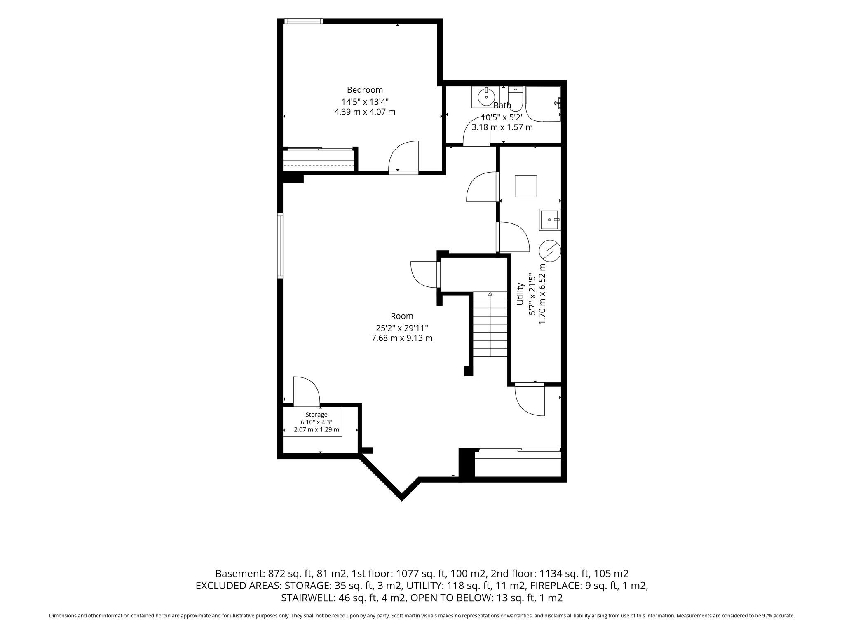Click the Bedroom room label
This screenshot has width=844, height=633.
point(365,90)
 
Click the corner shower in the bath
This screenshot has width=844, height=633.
point(543,104)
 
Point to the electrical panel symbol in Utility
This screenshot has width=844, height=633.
point(550,251)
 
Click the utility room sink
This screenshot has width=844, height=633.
point(550,220)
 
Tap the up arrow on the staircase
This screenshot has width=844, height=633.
point(490,294)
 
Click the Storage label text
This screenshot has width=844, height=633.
point(316,415)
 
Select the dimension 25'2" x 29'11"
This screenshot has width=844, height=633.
point(402,328)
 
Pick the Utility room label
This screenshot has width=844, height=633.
point(520,294)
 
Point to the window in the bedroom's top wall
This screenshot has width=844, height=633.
point(303,21)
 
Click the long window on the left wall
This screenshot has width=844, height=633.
point(280,246)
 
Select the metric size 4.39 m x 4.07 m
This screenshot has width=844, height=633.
point(365,112)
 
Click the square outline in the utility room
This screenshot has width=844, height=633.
point(526,186)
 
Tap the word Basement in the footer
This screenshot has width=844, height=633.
point(239,574)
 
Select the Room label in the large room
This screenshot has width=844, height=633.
point(402,316)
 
